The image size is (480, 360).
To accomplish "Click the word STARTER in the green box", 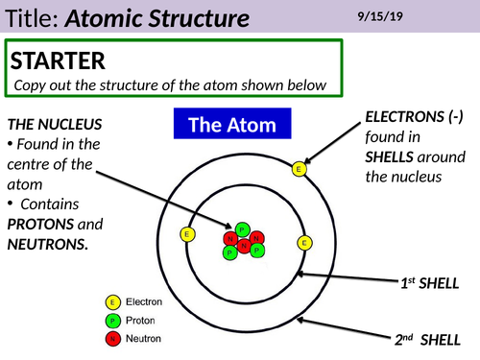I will click(x=58, y=61).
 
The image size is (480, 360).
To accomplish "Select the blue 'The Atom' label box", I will click(x=231, y=125).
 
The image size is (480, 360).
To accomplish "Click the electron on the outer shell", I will click(x=299, y=169).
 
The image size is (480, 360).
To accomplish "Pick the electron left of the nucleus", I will click(x=187, y=233).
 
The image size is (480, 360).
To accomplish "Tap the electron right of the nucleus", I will click(x=305, y=242).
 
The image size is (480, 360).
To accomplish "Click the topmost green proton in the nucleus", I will click(x=244, y=228).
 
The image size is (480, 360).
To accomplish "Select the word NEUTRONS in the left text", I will click(x=49, y=244).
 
